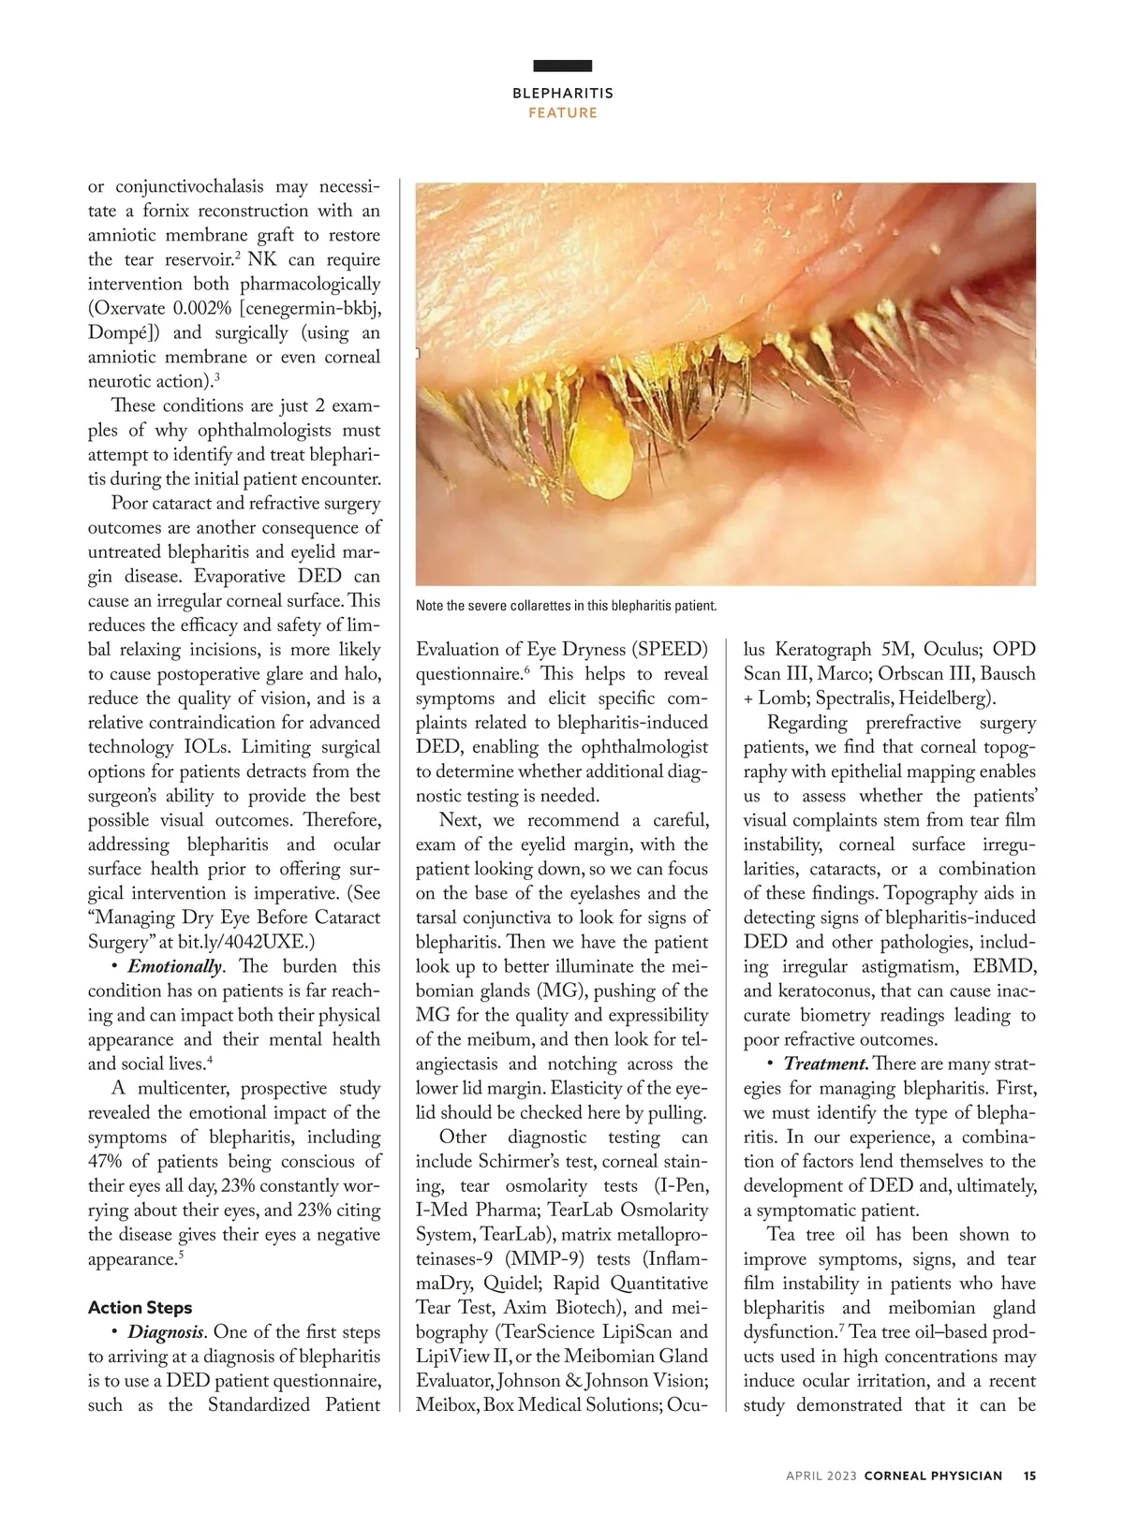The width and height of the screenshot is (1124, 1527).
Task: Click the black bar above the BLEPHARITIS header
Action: [562, 66]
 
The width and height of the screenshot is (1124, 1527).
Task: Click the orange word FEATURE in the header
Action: [562, 112]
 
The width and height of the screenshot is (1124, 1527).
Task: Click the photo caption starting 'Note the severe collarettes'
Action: [566, 606]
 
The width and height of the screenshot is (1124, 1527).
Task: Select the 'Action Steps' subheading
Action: [140, 1308]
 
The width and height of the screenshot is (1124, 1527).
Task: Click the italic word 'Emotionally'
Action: [175, 967]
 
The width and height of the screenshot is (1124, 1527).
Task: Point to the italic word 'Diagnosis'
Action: [166, 1332]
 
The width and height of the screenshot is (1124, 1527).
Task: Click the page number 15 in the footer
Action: [1029, 1476]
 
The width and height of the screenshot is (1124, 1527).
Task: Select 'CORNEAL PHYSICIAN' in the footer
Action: [932, 1476]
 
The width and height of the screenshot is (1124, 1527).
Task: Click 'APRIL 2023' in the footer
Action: [821, 1476]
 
